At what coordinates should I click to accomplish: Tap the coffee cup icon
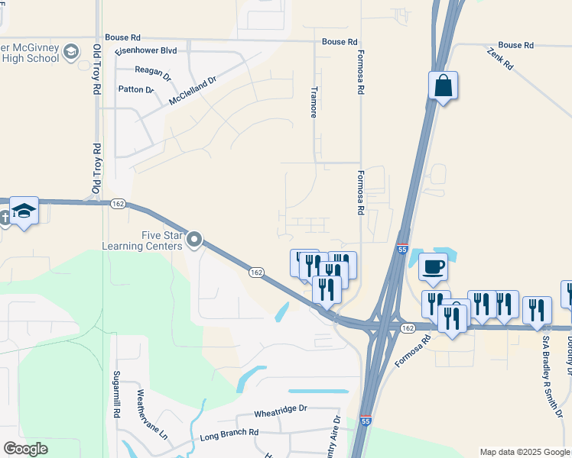[434, 268]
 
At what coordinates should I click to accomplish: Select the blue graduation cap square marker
[24, 211]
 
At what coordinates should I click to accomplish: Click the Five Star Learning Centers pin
[194, 240]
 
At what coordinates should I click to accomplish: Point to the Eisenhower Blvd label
[145, 50]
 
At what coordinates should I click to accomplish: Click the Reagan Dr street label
[151, 70]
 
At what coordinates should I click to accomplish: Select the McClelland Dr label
[193, 89]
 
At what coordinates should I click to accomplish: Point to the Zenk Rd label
[499, 59]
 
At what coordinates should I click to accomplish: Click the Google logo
[25, 449]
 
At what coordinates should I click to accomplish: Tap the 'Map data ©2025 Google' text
[525, 452]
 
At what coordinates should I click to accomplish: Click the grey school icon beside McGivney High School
[71, 52]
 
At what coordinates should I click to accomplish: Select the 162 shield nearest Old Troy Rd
[118, 204]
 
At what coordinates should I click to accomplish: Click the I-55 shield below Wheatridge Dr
[366, 421]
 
